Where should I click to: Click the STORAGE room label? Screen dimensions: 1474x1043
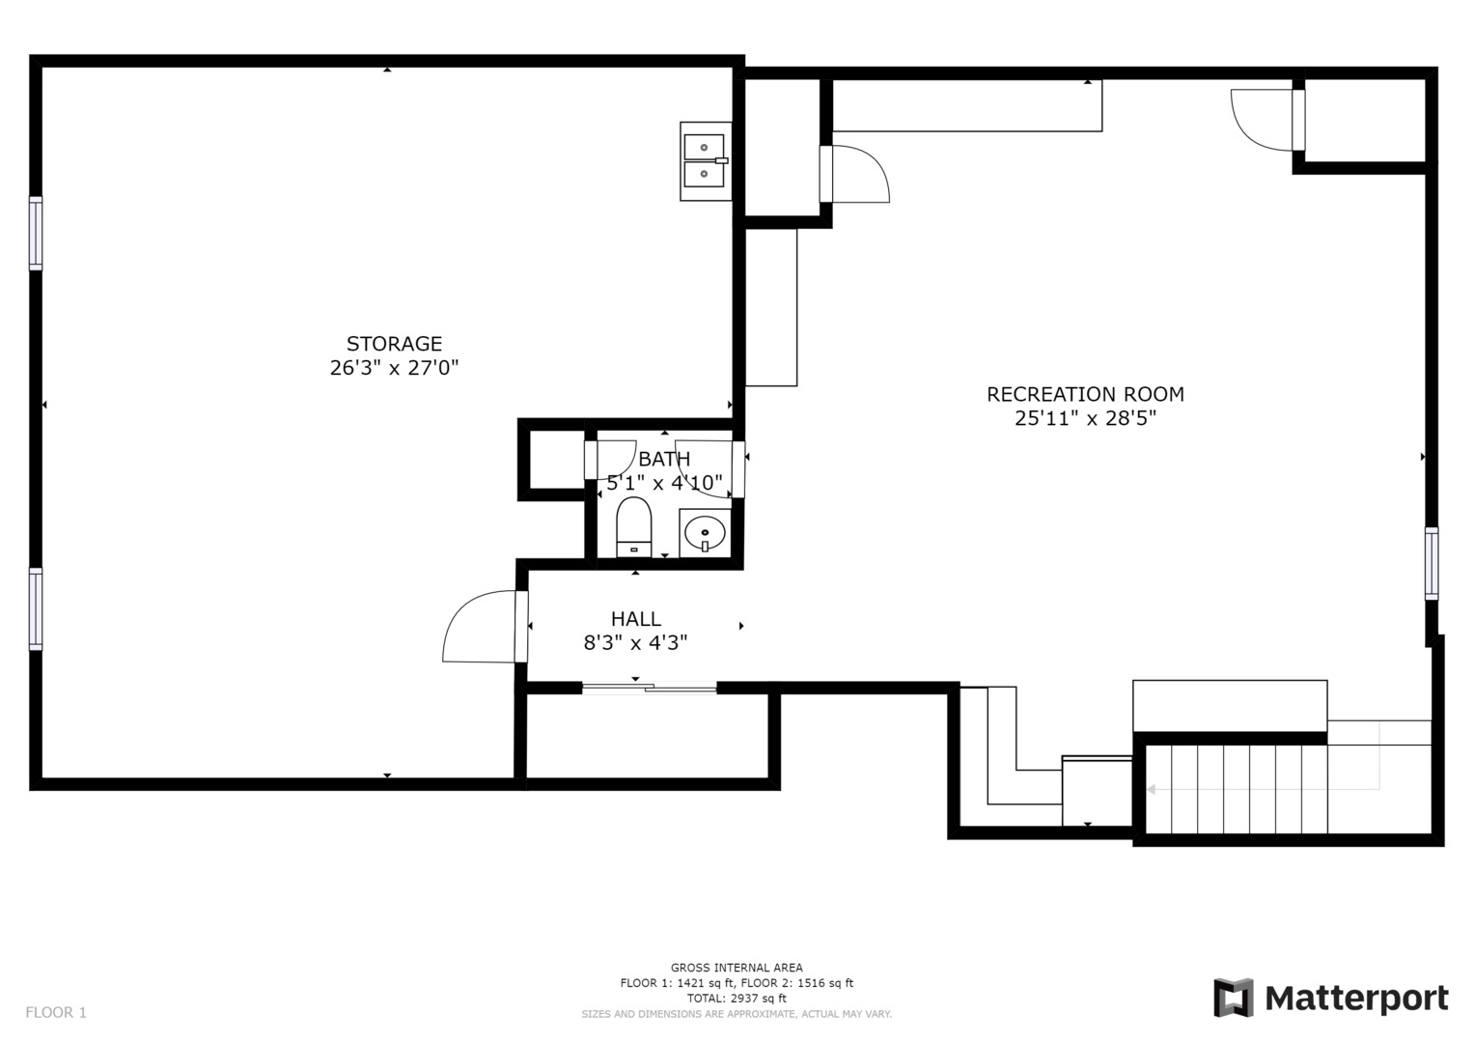(394, 344)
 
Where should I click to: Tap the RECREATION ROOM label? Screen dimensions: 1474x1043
(1085, 394)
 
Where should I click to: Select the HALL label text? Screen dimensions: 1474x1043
(636, 619)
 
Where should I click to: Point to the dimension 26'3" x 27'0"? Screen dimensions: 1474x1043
(394, 367)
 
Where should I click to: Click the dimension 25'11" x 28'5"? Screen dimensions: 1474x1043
(1085, 418)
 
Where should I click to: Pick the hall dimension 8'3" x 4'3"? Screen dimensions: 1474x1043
(636, 642)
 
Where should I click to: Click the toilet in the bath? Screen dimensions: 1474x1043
(633, 527)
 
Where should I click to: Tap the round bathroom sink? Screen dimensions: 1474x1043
(705, 533)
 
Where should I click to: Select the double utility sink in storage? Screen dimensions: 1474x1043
(706, 161)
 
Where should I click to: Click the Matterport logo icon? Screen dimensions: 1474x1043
(1234, 998)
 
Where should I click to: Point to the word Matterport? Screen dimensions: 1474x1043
(1357, 999)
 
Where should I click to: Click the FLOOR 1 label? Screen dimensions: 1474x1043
(56, 1012)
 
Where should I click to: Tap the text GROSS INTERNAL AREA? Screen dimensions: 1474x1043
(737, 968)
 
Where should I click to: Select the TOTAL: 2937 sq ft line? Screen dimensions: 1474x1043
(737, 999)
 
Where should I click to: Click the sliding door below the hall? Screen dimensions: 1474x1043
(650, 688)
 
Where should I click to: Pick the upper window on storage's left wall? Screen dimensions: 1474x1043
(36, 233)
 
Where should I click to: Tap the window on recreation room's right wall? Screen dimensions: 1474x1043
(1432, 563)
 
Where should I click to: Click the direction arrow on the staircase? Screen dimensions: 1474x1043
(1264, 789)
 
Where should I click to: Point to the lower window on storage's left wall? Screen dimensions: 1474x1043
(36, 609)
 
